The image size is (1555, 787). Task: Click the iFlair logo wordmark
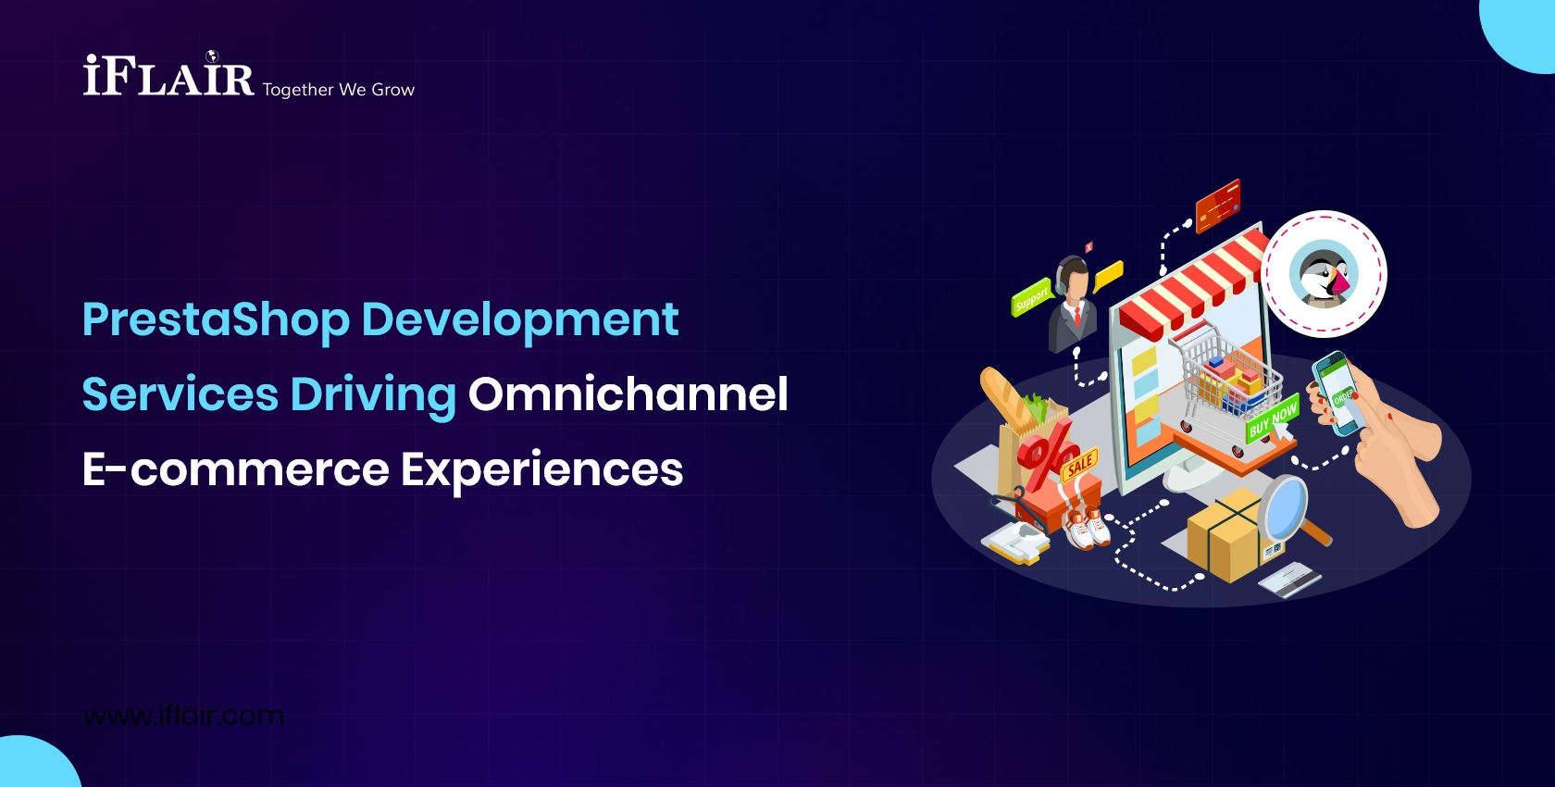coord(168,77)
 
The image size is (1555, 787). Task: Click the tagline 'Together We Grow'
coord(338,90)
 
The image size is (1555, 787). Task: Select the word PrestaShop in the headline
coord(215,319)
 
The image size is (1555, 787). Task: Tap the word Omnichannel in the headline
coord(628,394)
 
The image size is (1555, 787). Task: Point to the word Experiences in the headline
coord(541,470)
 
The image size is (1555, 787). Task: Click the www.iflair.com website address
coord(183,716)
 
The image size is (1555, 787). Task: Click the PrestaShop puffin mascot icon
coord(1324,275)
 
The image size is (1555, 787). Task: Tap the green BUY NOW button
coord(1272,419)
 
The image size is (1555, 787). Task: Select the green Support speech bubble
coord(1031,298)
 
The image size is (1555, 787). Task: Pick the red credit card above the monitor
coord(1217,206)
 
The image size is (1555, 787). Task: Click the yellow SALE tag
coord(1079,465)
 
